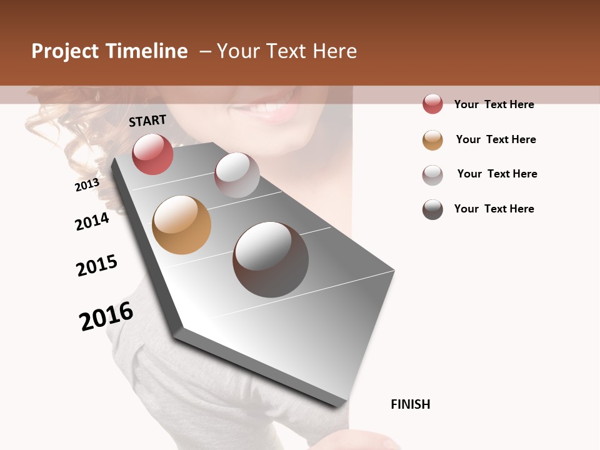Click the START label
pyautogui.click(x=147, y=121)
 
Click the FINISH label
pyautogui.click(x=410, y=404)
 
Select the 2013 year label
pyautogui.click(x=87, y=185)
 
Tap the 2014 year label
pyautogui.click(x=92, y=221)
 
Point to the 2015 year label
pyautogui.click(x=97, y=266)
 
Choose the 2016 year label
pyautogui.click(x=106, y=316)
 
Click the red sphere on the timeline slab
pyautogui.click(x=152, y=154)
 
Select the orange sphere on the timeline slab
pyautogui.click(x=181, y=225)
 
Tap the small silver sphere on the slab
pyautogui.click(x=237, y=175)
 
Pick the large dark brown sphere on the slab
pyautogui.click(x=270, y=259)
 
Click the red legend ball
pyautogui.click(x=432, y=104)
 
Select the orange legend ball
pyautogui.click(x=432, y=140)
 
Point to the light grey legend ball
pyautogui.click(x=432, y=175)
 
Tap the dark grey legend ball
pyautogui.click(x=432, y=209)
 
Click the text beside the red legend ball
pyautogui.click(x=494, y=104)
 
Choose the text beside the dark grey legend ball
pyautogui.click(x=494, y=209)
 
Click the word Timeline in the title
pyautogui.click(x=146, y=51)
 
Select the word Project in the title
pyautogui.click(x=65, y=51)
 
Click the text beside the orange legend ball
pyautogui.click(x=496, y=139)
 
